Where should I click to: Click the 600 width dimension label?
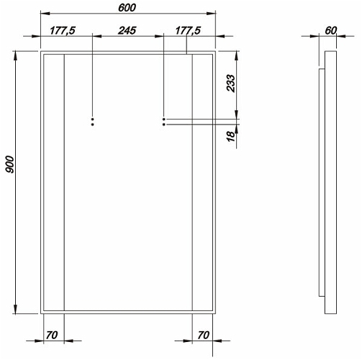[x=127, y=8]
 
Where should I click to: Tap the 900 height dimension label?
[x=10, y=164]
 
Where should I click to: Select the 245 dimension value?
[x=127, y=30]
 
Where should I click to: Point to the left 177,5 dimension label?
[x=63, y=30]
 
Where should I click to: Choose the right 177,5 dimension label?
[x=188, y=30]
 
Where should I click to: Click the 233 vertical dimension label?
[x=231, y=84]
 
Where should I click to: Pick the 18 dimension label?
[x=231, y=136]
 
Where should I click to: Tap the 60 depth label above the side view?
[x=331, y=30]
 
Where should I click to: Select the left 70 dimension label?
[x=52, y=335]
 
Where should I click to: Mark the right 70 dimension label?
[x=204, y=335]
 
